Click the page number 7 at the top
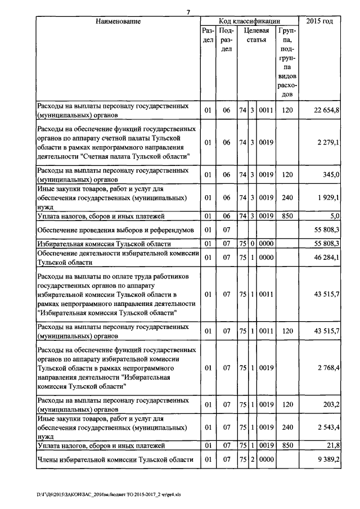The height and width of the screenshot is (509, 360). tap(189, 12)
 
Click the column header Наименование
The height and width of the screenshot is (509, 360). tap(118, 21)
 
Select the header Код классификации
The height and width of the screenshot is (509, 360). tap(249, 21)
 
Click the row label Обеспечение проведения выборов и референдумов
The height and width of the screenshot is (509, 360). tap(115, 230)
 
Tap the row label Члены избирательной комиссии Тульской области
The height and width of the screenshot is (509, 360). tap(115, 460)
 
